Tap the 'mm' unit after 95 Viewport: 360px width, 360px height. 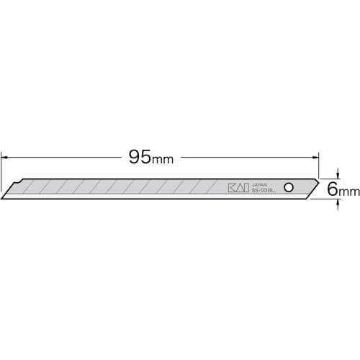pyautogui.click(x=165, y=158)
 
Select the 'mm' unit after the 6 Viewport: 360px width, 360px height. pyautogui.click(x=349, y=192)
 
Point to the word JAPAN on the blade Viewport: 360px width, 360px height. pyautogui.click(x=260, y=184)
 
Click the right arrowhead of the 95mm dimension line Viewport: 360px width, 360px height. pyautogui.click(x=315, y=156)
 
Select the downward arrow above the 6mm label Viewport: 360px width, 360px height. pyautogui.click(x=338, y=176)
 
